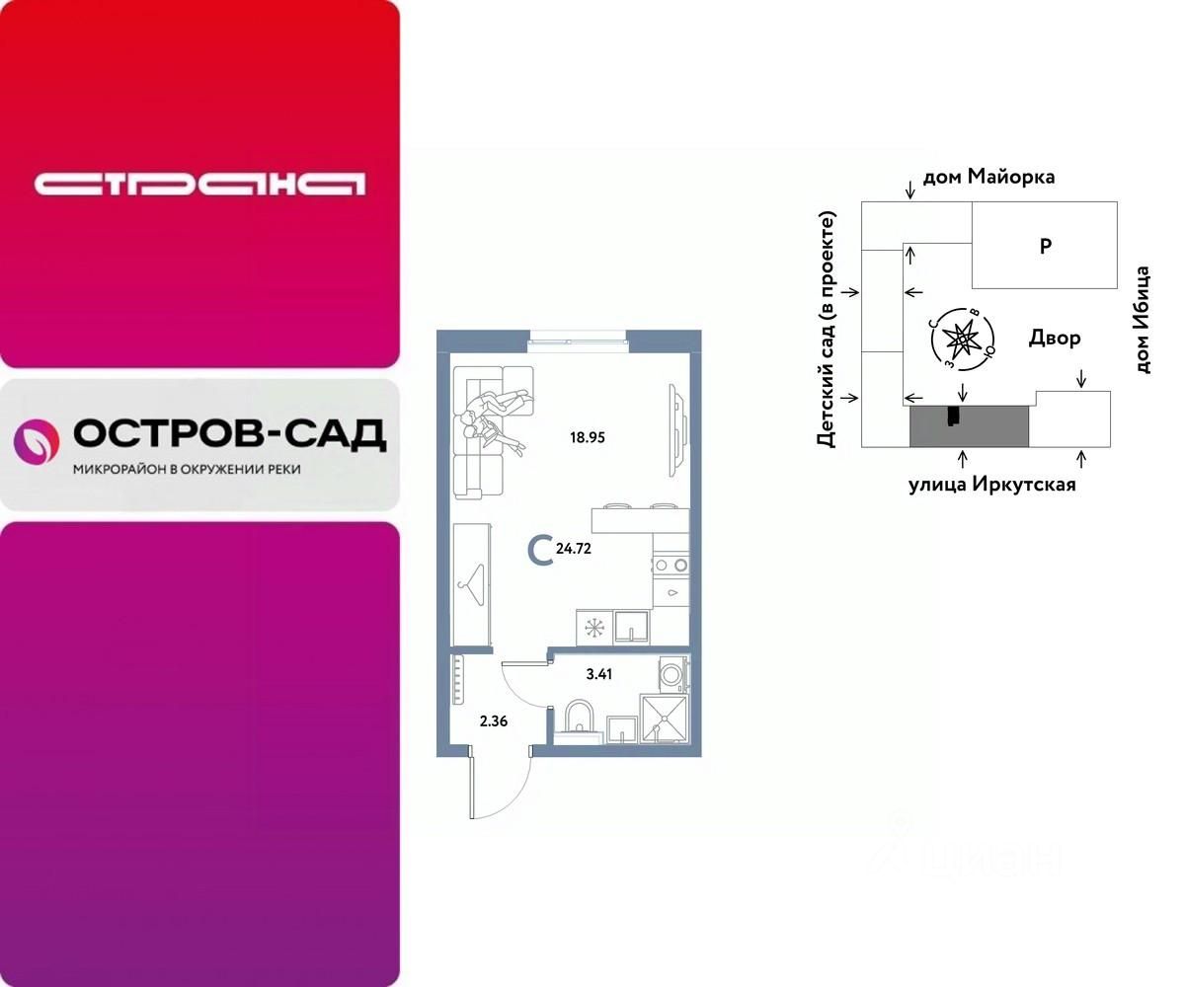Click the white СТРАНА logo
point(199,185)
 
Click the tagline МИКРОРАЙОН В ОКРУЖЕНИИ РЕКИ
point(188,470)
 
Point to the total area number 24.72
point(574,550)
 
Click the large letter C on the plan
point(539,550)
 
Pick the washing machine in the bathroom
point(672,675)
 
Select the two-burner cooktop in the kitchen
point(668,566)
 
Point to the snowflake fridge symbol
point(593,627)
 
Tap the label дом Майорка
point(988,178)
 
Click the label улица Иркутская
point(991,485)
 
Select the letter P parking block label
point(1045,247)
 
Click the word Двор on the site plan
point(1055,339)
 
